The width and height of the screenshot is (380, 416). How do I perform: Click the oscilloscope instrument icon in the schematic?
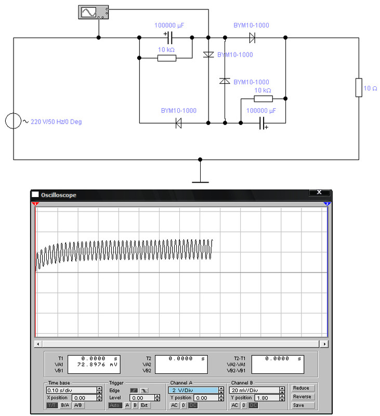(x=94, y=12)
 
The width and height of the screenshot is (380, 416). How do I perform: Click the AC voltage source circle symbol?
(x=14, y=121)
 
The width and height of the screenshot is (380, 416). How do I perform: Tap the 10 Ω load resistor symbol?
(x=359, y=87)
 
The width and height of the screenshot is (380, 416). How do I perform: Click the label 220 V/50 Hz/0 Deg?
(x=56, y=122)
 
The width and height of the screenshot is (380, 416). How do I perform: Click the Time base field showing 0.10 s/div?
(x=72, y=391)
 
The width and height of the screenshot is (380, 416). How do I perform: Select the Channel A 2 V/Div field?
(x=193, y=391)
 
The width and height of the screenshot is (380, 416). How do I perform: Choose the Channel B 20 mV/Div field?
(x=254, y=391)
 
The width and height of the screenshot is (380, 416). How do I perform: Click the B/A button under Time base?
(x=65, y=406)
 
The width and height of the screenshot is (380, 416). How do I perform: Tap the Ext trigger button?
(x=145, y=406)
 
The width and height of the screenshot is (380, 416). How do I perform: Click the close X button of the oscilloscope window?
(x=319, y=192)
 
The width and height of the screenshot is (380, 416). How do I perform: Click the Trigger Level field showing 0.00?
(x=142, y=398)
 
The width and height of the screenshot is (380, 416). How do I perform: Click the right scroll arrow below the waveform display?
(x=324, y=344)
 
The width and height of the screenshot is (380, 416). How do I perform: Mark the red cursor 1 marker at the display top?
(x=35, y=204)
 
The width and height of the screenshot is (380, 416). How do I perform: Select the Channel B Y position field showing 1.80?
(x=267, y=398)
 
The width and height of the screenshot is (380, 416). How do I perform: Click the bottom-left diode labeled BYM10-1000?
(x=178, y=123)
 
